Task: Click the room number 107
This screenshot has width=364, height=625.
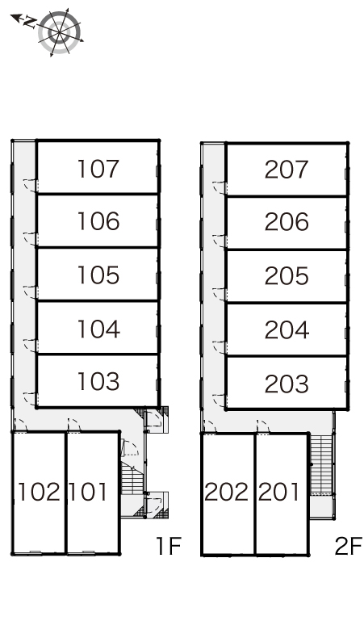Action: click(98, 169)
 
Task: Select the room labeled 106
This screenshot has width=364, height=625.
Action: click(98, 221)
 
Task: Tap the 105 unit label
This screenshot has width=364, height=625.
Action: click(98, 275)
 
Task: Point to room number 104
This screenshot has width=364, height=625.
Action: click(98, 329)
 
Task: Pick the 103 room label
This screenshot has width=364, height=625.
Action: click(98, 381)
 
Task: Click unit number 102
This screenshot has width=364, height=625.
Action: click(39, 492)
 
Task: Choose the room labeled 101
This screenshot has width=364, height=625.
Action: click(88, 492)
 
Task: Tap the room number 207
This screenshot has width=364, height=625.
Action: click(287, 170)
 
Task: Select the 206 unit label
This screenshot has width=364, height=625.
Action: click(287, 222)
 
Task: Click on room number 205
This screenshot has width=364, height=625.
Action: click(287, 276)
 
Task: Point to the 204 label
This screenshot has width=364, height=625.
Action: click(287, 330)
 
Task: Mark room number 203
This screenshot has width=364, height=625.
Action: click(287, 384)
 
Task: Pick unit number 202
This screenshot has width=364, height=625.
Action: click(226, 492)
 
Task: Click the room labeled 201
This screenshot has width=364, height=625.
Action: click(278, 492)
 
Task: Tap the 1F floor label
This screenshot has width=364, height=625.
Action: click(169, 546)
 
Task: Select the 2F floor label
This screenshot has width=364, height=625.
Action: click(349, 546)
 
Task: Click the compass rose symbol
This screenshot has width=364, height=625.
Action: click(60, 32)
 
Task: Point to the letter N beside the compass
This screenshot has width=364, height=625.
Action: click(29, 22)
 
